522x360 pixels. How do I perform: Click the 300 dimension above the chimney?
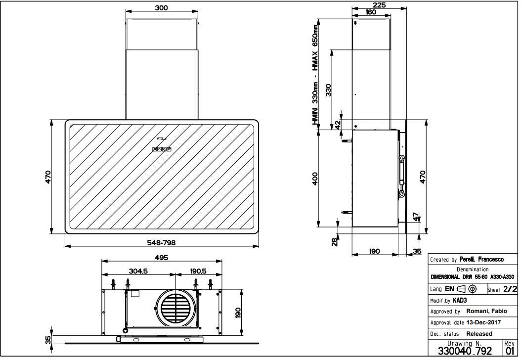[x=162, y=7]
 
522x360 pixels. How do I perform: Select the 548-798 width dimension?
[x=162, y=243]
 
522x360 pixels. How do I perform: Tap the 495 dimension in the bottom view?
[x=162, y=258]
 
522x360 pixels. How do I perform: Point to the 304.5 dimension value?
[x=138, y=271]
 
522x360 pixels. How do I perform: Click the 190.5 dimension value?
[x=198, y=271]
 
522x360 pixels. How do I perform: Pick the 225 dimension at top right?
[x=379, y=5]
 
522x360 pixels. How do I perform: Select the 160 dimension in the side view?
[x=371, y=12]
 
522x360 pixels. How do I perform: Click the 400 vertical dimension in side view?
[x=315, y=179]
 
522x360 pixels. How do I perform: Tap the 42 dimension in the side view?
[x=338, y=125]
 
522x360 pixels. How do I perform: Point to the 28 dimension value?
[x=335, y=242]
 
